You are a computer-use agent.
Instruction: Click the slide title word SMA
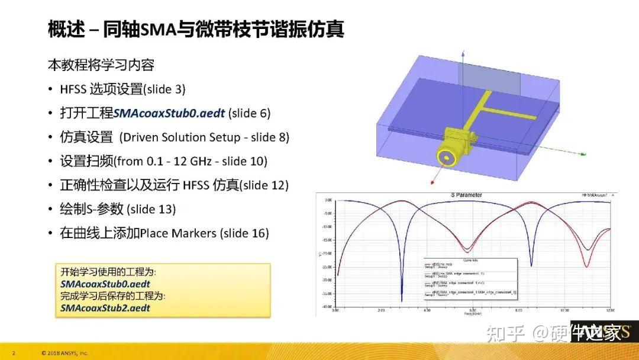[x=156, y=29]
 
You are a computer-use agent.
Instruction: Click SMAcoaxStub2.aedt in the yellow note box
[x=105, y=308]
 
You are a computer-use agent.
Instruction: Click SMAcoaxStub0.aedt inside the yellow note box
[x=105, y=284]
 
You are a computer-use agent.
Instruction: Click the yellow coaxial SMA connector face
[x=445, y=156]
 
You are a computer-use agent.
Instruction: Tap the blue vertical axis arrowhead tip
[x=462, y=52]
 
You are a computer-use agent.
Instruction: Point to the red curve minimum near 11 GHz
[x=586, y=266]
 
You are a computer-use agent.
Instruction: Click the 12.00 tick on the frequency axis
[x=609, y=310]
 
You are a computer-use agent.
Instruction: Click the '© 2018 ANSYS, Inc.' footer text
[x=64, y=353]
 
